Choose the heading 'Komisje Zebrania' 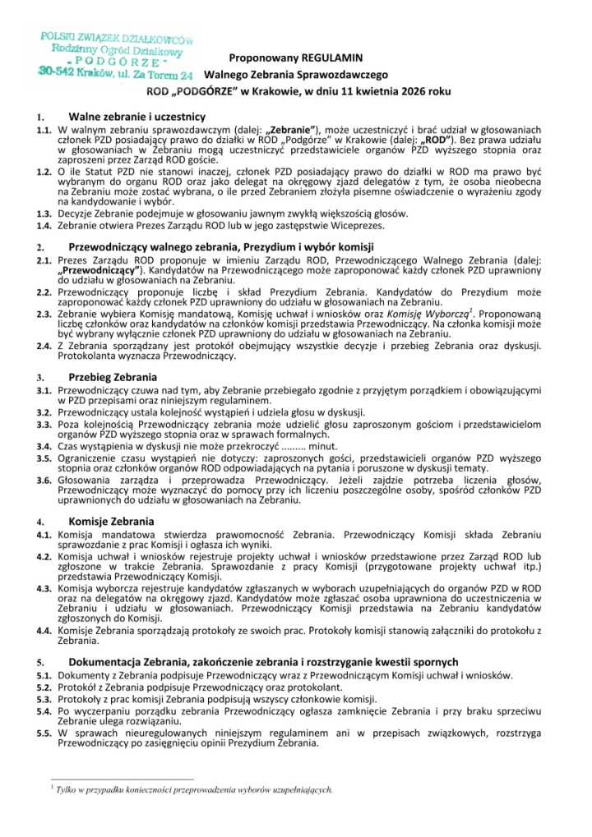tap(111, 521)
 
